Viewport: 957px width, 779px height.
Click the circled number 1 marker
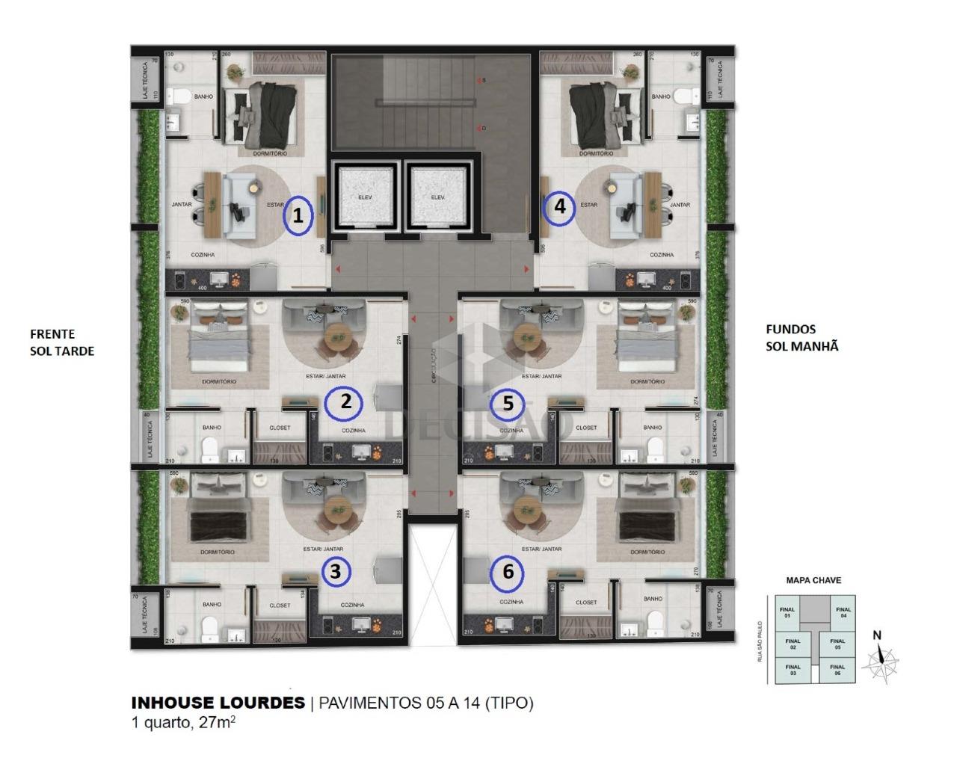298,217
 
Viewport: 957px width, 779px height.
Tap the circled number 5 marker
508,404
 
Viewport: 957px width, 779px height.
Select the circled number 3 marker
336,572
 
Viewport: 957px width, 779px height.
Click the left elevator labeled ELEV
366,197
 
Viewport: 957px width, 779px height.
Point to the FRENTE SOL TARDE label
62,342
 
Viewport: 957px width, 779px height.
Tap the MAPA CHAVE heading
813,580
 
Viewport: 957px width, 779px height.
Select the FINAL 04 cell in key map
843,612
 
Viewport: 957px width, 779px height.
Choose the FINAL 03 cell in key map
793,670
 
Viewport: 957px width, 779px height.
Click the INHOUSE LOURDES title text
218,703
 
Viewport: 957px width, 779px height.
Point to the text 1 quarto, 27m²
184,723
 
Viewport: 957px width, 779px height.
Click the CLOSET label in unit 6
587,602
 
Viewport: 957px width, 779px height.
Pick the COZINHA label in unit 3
352,605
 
